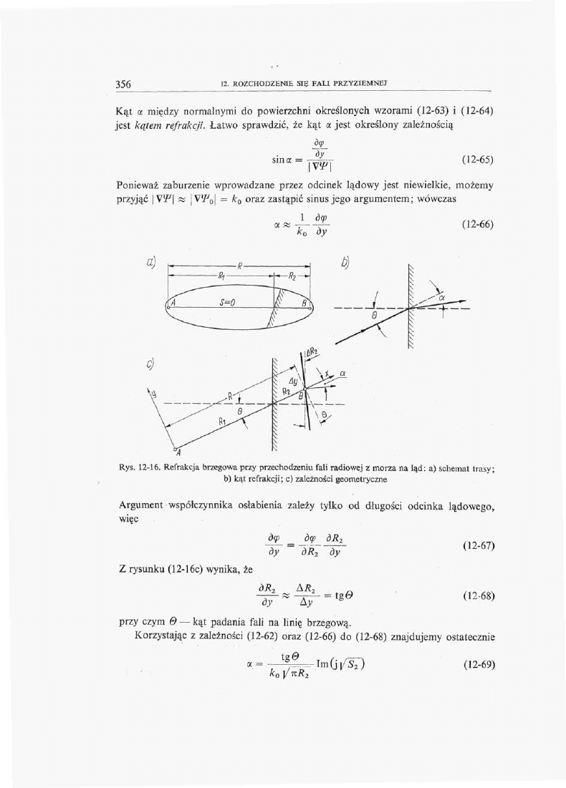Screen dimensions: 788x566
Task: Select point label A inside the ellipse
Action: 173,303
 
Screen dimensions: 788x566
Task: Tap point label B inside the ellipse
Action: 304,303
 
